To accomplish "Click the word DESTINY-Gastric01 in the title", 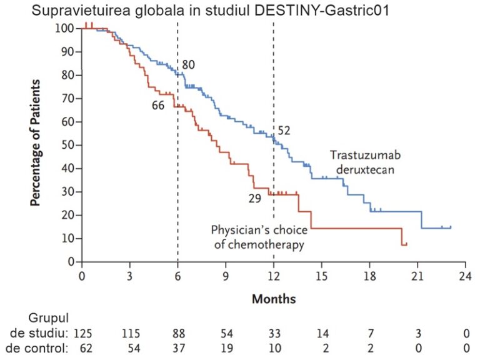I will tap(321, 11).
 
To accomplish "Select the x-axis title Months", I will tap(273, 299).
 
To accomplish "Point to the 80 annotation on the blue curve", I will tap(189, 64).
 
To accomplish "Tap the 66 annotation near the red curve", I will tap(158, 106).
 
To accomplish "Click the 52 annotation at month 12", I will tap(284, 131).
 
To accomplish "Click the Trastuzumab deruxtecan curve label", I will tap(362, 162).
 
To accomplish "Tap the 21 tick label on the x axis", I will tap(417, 276).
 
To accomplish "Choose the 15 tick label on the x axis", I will tap(321, 276).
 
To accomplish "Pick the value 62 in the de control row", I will tap(85, 347).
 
